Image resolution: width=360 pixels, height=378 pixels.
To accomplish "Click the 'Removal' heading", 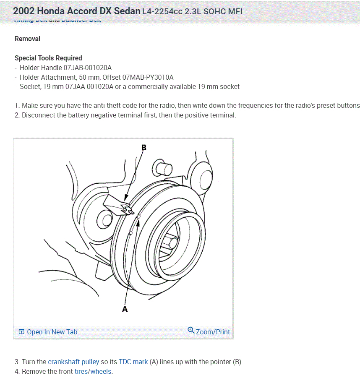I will [27, 39].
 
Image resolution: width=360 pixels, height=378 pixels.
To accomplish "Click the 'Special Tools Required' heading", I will [48, 58].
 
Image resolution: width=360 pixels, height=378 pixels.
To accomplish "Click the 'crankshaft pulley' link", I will [73, 362].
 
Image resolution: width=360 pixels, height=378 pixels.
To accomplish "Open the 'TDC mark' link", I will [133, 362].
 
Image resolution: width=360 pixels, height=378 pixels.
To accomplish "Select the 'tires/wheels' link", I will [93, 371].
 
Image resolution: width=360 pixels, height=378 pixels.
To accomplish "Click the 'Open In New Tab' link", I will [52, 332].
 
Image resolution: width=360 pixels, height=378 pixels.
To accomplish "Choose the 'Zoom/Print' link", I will [213, 332].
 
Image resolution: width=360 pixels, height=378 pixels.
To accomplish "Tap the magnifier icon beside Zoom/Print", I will [191, 331].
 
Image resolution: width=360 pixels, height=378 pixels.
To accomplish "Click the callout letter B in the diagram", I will [143, 148].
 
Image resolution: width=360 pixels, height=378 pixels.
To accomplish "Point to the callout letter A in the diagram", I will [125, 309].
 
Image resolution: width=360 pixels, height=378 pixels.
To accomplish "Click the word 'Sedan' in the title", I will [125, 11].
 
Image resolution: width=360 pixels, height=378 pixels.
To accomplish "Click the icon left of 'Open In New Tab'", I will [21, 332].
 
